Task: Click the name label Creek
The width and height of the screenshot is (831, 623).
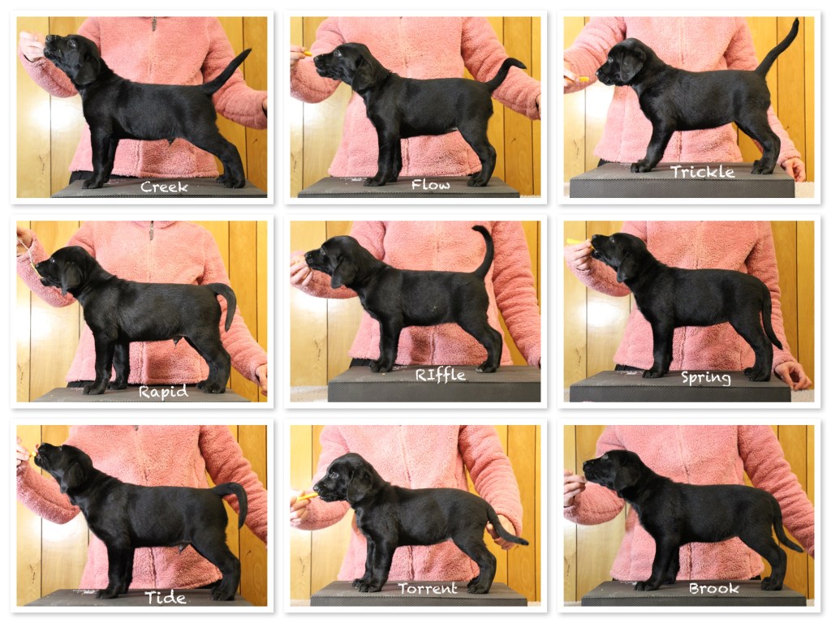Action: coord(164,187)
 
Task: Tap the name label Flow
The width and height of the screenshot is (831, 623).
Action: coord(430,184)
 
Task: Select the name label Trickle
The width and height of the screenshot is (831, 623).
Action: coord(702,172)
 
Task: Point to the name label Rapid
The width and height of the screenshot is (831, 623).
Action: coord(163,392)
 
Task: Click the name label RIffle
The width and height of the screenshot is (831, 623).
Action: coord(441,375)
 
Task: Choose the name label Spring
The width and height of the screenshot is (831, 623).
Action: coord(706,378)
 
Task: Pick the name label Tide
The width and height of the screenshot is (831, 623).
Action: coord(166,598)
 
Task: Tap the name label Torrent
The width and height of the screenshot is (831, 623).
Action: coord(427,589)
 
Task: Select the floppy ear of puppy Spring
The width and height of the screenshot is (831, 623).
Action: coord(626,266)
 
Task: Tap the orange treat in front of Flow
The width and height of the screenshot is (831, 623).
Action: coord(306,53)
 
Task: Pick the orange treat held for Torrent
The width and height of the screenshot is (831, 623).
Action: coord(307,496)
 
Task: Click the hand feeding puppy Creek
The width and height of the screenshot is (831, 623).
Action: coord(32,46)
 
